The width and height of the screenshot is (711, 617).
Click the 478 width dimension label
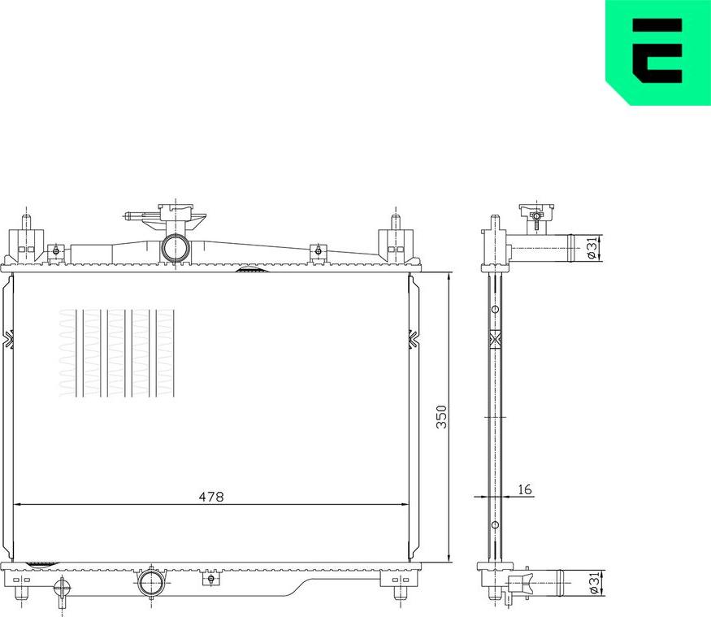pyautogui.click(x=211, y=497)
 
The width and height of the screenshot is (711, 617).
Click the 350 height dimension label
pyautogui.click(x=441, y=417)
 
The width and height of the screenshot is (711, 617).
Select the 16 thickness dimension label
pyautogui.click(x=524, y=489)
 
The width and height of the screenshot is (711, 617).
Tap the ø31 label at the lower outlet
pyautogui.click(x=594, y=584)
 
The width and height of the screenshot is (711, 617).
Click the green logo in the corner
pyautogui.click(x=658, y=52)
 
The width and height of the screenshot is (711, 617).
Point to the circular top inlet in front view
pyautogui.click(x=175, y=248)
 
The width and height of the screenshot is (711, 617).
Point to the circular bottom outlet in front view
pyautogui.click(x=151, y=583)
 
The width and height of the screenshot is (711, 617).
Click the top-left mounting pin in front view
pyautogui.click(x=27, y=222)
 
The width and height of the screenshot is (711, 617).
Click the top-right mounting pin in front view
pyautogui.click(x=396, y=222)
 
